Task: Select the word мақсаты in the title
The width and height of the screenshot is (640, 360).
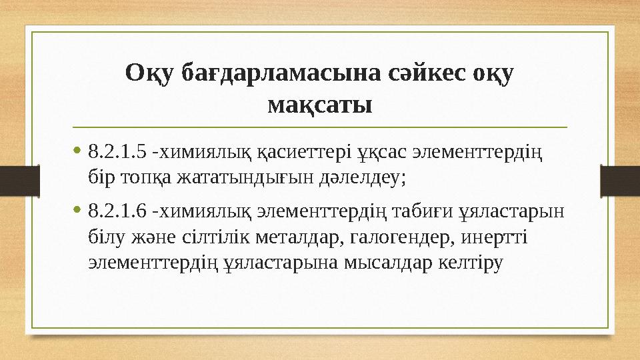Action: pos(319,104)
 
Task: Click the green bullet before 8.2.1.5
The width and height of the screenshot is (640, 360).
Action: pos(79,151)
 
